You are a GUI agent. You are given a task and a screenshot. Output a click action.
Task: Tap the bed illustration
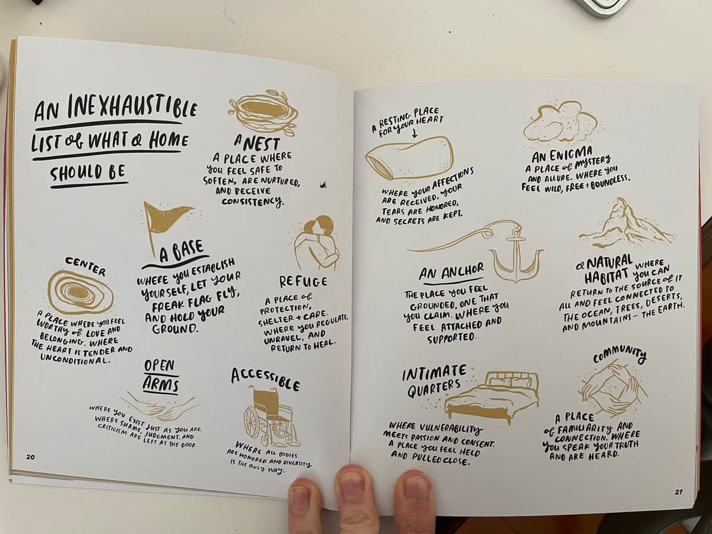pos(492,397)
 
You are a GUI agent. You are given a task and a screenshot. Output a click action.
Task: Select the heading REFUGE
pos(304,281)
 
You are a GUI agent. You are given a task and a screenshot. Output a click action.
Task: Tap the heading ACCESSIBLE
pos(265,379)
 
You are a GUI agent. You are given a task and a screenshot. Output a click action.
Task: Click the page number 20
pos(30,457)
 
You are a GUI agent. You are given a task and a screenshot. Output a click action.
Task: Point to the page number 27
pos(679,501)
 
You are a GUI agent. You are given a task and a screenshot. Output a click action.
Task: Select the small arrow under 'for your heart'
pos(414,133)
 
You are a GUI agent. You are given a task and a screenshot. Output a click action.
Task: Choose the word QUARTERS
pos(433,388)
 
